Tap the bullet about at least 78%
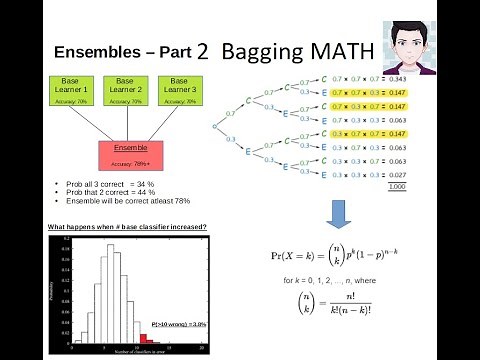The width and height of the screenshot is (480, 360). click(x=110, y=201)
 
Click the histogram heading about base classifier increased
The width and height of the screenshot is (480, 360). click(x=128, y=227)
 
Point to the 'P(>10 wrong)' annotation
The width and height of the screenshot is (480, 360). click(x=178, y=324)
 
